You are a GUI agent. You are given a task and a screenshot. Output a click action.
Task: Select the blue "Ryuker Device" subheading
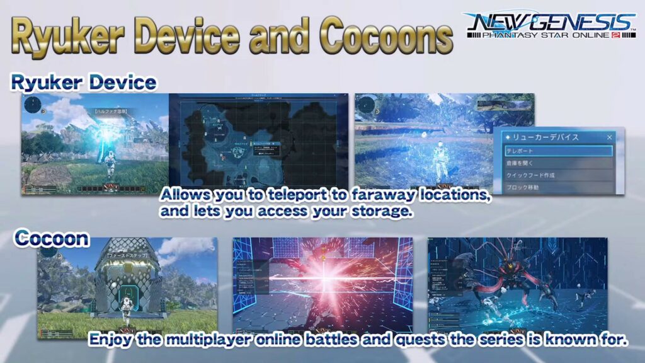coord(83,83)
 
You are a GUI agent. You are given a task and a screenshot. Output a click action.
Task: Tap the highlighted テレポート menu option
coord(558,151)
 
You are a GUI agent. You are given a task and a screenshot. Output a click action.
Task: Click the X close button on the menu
coord(609,137)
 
